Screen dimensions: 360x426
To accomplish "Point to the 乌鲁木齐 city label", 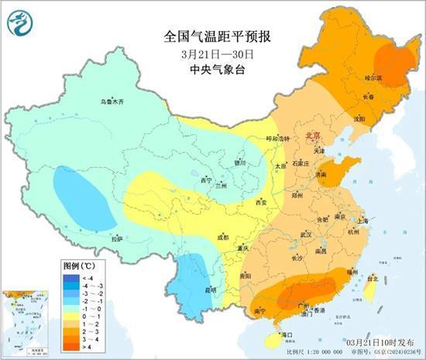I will (x=112, y=101).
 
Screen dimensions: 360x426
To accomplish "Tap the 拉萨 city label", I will (x=117, y=239).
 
